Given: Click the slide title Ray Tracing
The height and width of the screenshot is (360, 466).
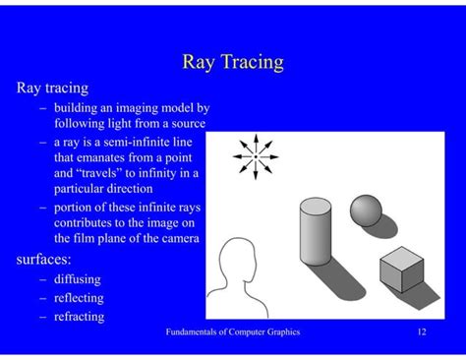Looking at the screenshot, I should coord(233,62).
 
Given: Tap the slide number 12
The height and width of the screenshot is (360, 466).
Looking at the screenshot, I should coord(421,332).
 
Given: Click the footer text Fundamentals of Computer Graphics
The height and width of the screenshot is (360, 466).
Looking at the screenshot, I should coord(233,332).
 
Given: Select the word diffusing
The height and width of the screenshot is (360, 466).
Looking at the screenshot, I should coord(80,278).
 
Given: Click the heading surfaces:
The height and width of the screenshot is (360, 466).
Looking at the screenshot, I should coord(43,260).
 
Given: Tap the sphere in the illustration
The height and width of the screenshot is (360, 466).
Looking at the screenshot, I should coord(366,210).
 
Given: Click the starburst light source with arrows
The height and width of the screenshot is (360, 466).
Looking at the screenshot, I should coord(256,156).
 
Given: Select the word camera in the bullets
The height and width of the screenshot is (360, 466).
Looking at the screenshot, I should coord(176,238).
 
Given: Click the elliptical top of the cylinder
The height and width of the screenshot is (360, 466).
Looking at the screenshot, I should coord(316,205).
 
